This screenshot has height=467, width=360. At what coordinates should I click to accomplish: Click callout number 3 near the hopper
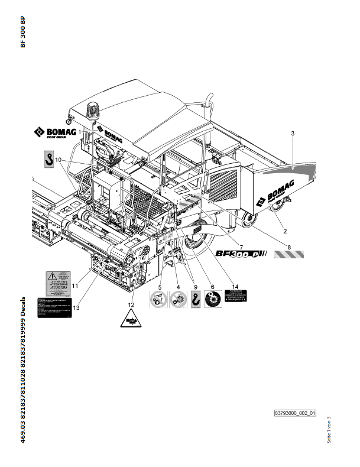293,134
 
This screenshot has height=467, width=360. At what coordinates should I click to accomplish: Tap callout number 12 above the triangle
131,304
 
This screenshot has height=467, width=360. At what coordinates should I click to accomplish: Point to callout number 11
76,286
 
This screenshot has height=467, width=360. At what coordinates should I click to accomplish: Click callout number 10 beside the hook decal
58,160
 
